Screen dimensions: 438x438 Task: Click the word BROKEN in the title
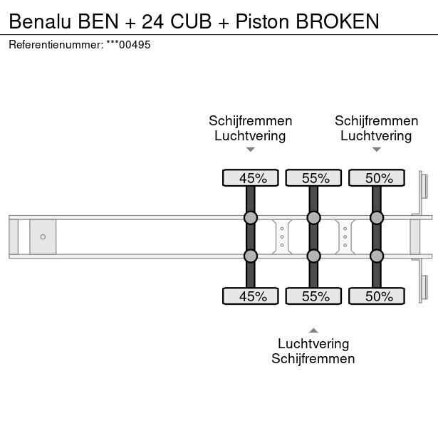click(x=337, y=21)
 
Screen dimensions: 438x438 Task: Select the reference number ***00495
click(x=128, y=45)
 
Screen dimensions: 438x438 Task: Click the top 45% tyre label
click(x=251, y=178)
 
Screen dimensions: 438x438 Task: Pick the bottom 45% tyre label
click(x=251, y=296)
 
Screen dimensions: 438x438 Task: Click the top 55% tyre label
click(x=313, y=178)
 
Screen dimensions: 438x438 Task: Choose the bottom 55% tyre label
click(x=313, y=296)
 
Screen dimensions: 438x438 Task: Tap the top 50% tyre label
click(x=377, y=178)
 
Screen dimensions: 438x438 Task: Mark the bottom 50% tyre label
click(x=377, y=296)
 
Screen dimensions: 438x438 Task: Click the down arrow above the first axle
click(x=251, y=150)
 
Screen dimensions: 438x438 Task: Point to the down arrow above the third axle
click(x=377, y=150)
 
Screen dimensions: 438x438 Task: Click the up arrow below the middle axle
click(x=313, y=330)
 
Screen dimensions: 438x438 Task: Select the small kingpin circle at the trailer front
click(x=43, y=236)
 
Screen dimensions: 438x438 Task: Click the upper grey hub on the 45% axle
click(x=251, y=218)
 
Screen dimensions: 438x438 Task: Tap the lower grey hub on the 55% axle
click(x=313, y=256)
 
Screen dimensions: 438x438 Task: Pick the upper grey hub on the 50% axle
click(x=377, y=218)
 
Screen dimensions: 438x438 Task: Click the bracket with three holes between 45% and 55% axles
click(x=282, y=236)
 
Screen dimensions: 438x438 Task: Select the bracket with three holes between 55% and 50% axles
click(x=345, y=236)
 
